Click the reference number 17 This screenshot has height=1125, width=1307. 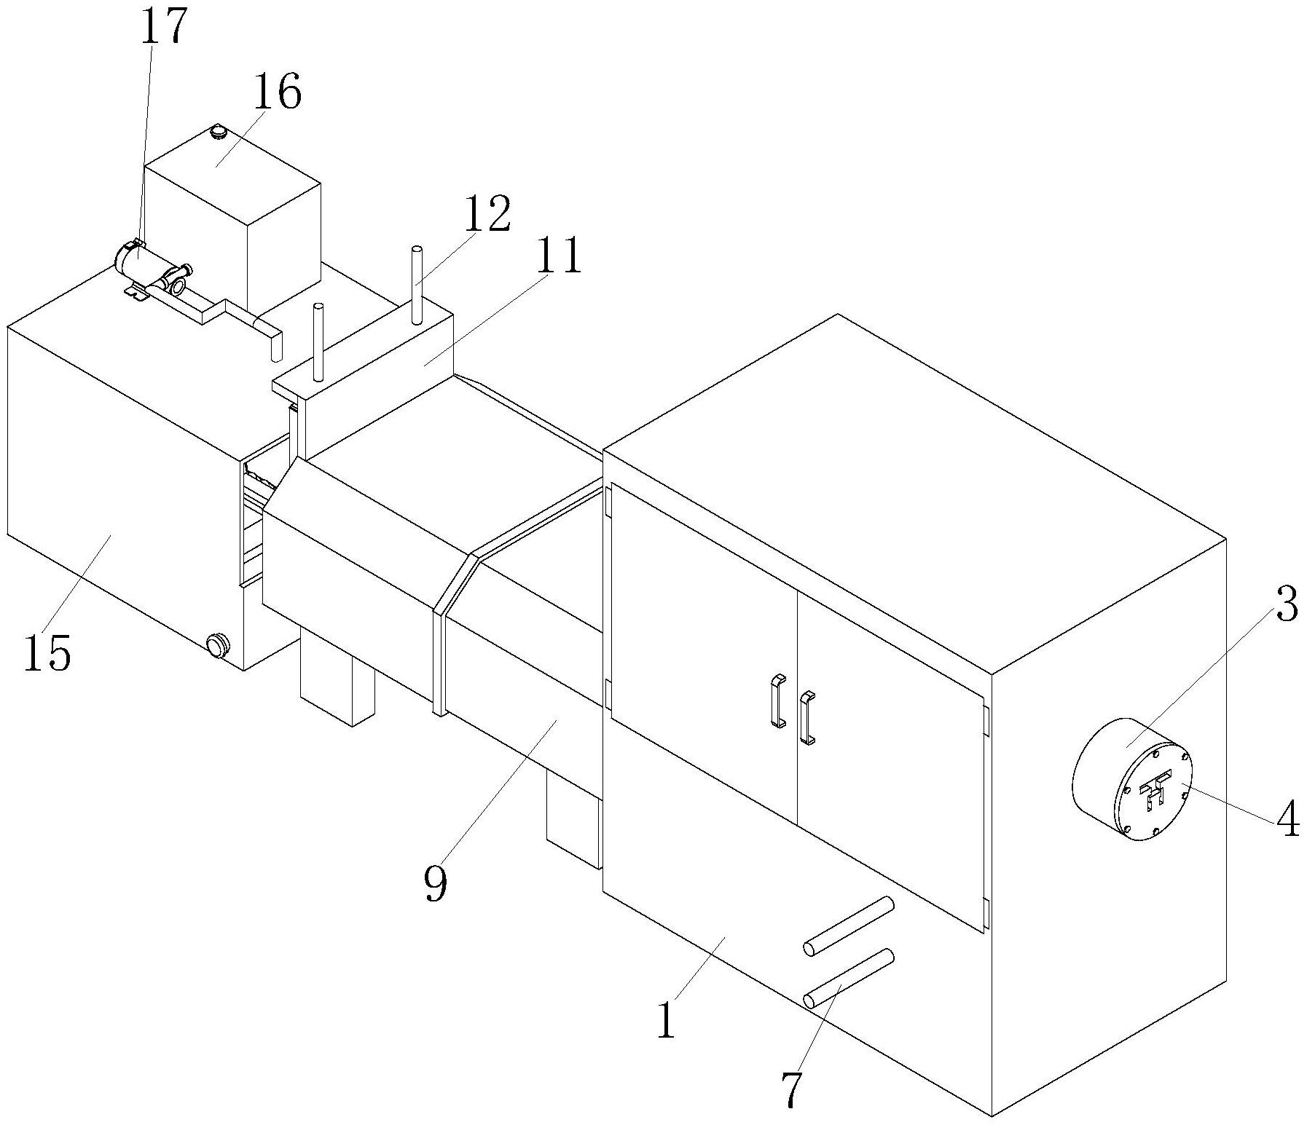[162, 27]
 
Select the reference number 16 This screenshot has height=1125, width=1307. [278, 92]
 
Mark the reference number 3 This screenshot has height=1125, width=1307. [1287, 604]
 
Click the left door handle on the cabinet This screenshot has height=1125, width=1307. [778, 701]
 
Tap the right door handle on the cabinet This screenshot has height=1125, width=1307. [807, 718]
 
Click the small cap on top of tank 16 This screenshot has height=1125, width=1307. [217, 133]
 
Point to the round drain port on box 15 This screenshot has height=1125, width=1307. [216, 644]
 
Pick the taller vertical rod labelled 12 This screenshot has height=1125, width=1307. [417, 285]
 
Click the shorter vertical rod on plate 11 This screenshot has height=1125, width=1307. [318, 342]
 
